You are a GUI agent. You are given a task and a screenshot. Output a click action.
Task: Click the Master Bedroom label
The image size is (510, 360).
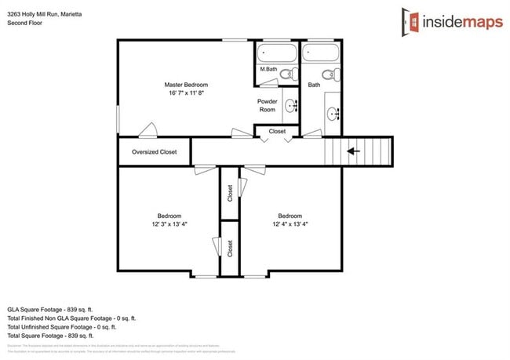pyautogui.click(x=186, y=84)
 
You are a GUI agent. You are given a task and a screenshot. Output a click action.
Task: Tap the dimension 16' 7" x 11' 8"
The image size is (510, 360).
pyautogui.click(x=186, y=93)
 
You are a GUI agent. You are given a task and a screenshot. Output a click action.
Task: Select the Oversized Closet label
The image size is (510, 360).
pyautogui.click(x=154, y=152)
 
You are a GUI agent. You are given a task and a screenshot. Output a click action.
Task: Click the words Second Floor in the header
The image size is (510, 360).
pyautogui.click(x=25, y=23)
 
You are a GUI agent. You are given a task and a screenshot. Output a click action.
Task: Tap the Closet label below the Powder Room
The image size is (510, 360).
pyautogui.click(x=277, y=132)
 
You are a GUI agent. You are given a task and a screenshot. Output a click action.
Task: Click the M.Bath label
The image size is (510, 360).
pyautogui.click(x=268, y=70)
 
